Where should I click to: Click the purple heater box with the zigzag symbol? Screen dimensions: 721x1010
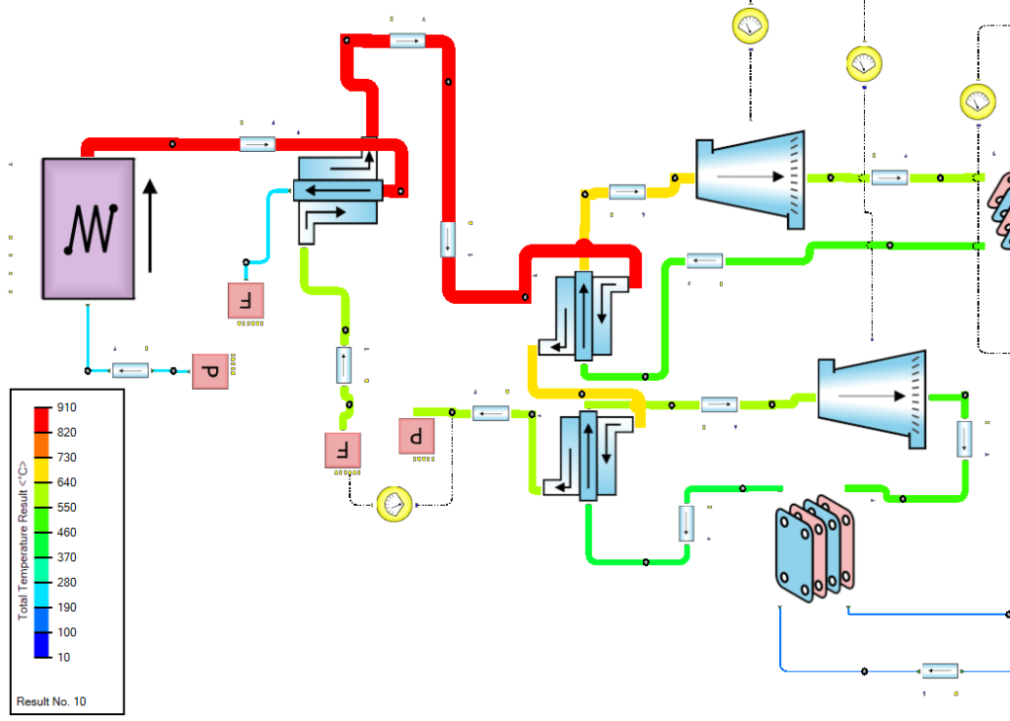89,228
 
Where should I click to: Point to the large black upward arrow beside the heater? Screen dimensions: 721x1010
149,225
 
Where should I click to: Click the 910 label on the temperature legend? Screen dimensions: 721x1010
66,407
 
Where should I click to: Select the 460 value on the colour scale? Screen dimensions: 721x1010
66,533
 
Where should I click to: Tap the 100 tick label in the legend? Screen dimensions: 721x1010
66,632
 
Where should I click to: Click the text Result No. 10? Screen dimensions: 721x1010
51,701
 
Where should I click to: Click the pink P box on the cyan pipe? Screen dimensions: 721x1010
210,372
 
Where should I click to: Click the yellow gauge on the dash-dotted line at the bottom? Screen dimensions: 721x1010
394,504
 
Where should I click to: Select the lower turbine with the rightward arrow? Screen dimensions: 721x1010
872,397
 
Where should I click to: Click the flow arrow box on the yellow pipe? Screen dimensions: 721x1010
627,190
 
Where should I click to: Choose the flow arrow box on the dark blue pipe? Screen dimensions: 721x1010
941,671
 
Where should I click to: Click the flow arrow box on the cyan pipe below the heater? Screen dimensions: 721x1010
130,371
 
